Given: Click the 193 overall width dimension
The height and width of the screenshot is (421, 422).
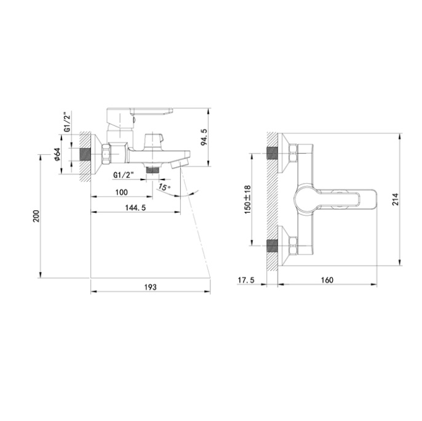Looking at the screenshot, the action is click(x=150, y=287).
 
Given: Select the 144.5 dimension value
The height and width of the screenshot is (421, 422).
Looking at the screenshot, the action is click(x=135, y=208).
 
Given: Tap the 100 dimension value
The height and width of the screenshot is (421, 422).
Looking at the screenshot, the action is click(x=122, y=192).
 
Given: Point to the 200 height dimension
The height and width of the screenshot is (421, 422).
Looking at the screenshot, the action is click(x=36, y=216).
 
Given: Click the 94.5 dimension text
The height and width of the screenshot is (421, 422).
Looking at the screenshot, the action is click(x=204, y=137).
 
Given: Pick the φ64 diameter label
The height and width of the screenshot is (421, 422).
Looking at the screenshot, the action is click(x=57, y=155).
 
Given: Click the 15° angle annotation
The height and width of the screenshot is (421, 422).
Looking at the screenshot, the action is click(x=164, y=187).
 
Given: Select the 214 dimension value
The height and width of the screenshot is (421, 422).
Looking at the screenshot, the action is click(x=395, y=199).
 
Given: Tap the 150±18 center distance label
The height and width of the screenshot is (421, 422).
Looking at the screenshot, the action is click(x=247, y=199).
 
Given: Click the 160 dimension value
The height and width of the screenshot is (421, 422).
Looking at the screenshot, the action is click(x=327, y=280).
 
